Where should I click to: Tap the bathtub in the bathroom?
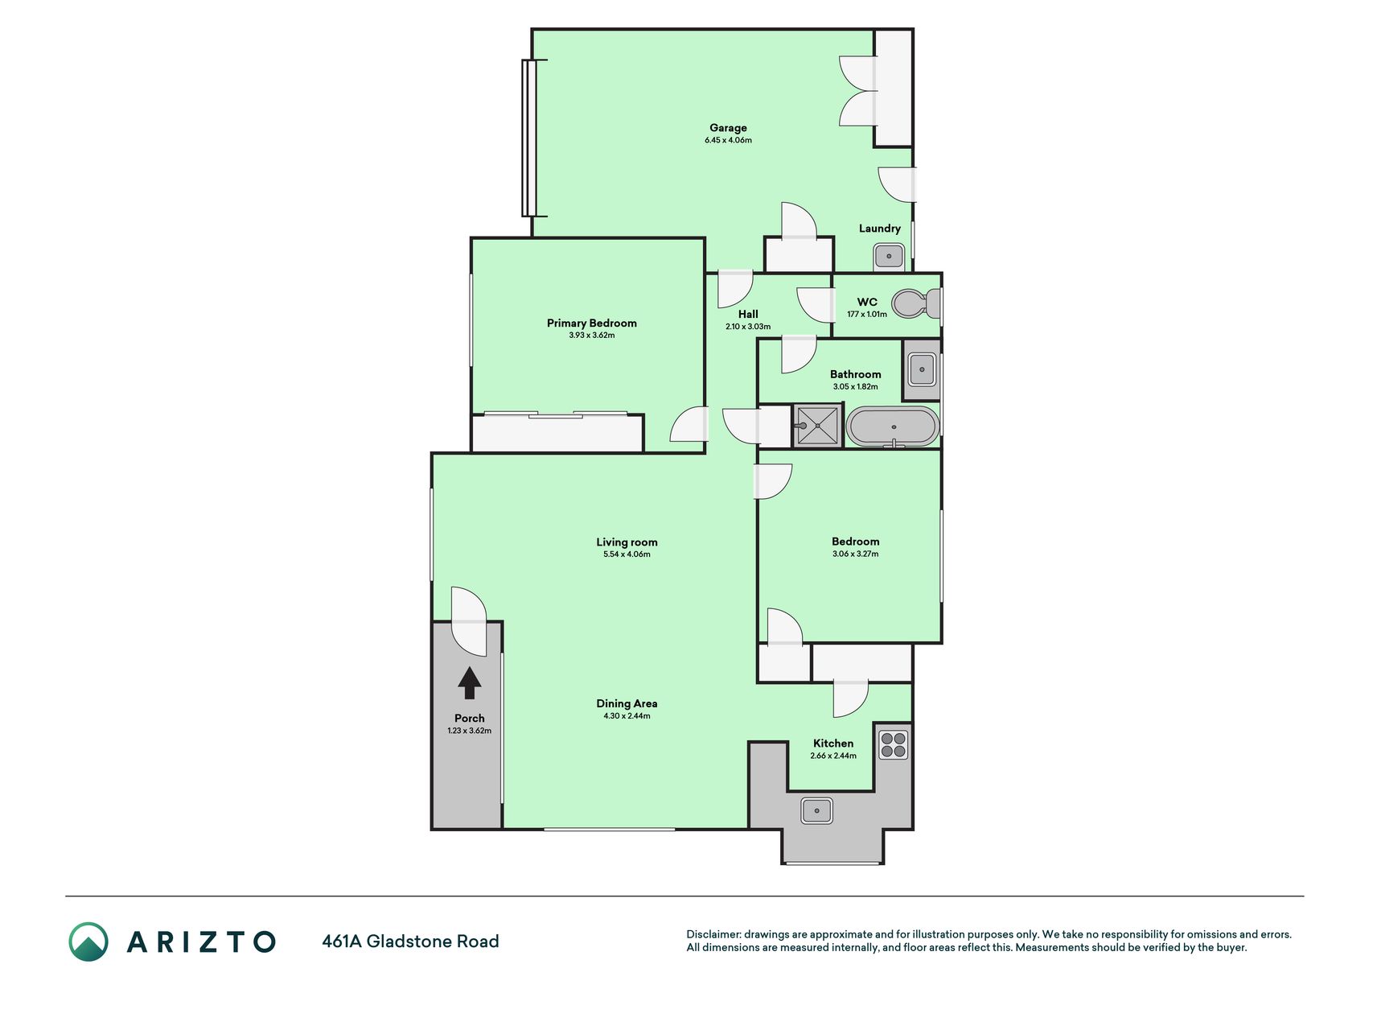892,427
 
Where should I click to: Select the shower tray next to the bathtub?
818,426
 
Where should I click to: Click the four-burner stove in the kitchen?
893,744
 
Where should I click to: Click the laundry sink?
889,257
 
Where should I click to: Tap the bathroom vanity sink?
922,370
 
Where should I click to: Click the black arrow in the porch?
470,683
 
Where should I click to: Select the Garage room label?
728,127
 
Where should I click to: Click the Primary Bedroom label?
592,323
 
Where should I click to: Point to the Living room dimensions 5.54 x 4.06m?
627,554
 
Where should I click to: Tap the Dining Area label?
627,703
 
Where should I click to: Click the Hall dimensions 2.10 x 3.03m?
748,327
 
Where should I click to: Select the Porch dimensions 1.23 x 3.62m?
470,731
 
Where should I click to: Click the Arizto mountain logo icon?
88,941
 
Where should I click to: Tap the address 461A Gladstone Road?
410,941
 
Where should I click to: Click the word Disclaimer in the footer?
713,934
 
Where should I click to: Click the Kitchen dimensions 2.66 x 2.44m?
833,756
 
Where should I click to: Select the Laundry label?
880,228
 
